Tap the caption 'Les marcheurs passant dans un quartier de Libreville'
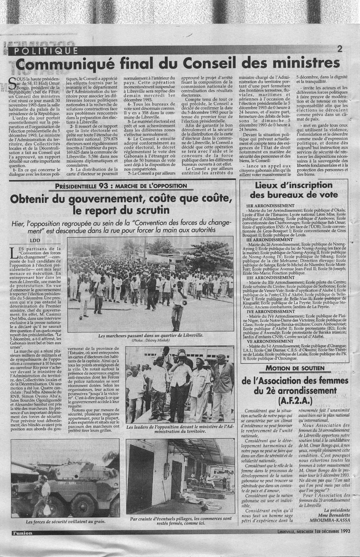coord(151,336)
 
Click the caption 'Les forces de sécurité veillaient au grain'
coord(66,521)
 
